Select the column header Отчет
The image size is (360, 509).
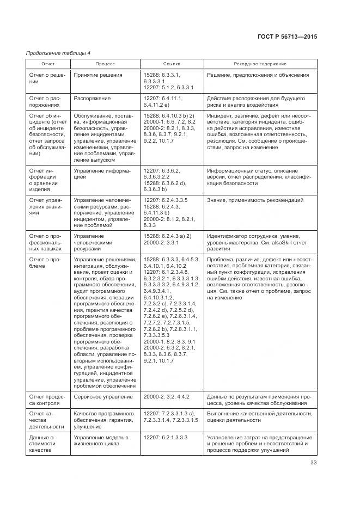coord(48,64)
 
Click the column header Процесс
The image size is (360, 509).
coord(105,64)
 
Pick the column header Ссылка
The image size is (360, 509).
coord(172,64)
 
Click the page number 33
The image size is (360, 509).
coord(314,463)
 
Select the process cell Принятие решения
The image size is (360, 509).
coord(98,75)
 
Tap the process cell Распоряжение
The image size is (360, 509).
coord(92,99)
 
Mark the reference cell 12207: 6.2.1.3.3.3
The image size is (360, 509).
coord(167,437)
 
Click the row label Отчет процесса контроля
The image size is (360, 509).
coord(48,401)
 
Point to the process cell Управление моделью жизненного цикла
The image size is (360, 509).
coord(102,440)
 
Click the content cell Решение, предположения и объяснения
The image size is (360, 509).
coord(258,75)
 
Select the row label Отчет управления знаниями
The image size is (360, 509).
coord(48,207)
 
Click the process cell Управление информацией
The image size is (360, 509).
coord(102,174)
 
